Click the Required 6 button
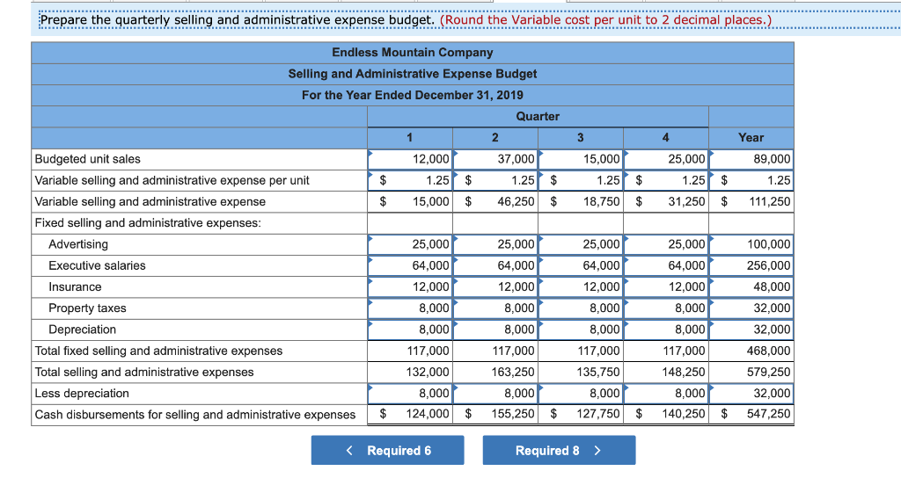coord(387,451)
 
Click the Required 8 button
coord(559,451)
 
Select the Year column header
coord(751,138)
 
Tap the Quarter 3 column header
coord(580,138)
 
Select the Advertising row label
coord(78,244)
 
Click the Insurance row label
coord(75,287)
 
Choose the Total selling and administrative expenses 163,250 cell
coord(512,373)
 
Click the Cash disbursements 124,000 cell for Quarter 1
coord(427,415)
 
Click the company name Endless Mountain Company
coord(412,53)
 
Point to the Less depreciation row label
coord(82,394)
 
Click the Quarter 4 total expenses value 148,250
coord(683,373)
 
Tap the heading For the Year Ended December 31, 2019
coord(412,95)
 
